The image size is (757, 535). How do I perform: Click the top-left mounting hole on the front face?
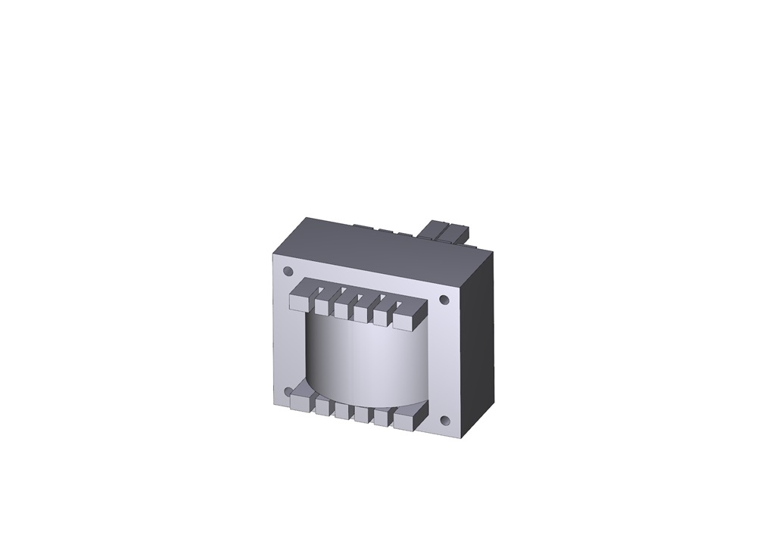tap(288, 271)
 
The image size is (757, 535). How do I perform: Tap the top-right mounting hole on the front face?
tap(444, 300)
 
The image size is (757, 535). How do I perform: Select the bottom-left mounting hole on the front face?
tap(288, 391)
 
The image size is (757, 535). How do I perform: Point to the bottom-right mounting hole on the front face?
tap(445, 421)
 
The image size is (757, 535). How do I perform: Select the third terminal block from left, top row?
tap(341, 309)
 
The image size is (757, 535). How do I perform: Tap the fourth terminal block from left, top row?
tap(361, 313)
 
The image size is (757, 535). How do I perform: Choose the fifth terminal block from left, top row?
tap(381, 317)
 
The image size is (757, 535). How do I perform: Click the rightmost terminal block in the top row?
tap(404, 321)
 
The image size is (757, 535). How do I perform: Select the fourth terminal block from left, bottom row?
tap(361, 415)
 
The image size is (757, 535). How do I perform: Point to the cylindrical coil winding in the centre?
tap(363, 359)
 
